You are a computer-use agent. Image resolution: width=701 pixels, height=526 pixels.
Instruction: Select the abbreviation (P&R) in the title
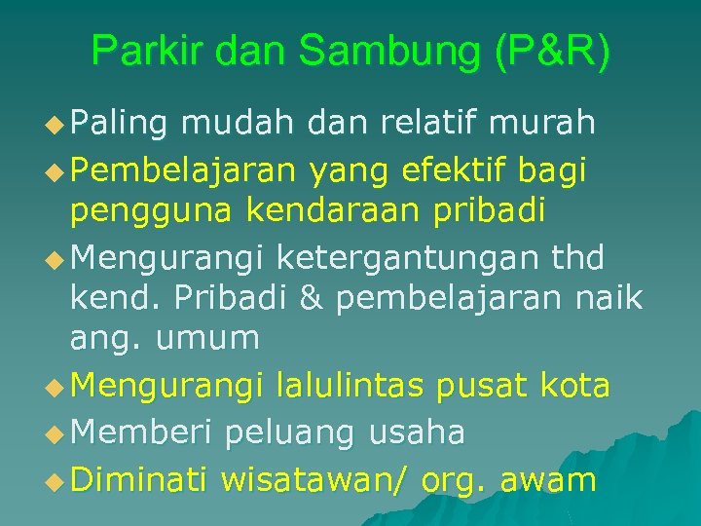tap(553, 51)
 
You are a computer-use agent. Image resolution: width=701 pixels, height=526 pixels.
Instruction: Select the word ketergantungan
tap(400, 258)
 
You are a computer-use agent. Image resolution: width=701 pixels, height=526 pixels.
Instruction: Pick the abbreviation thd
tap(577, 258)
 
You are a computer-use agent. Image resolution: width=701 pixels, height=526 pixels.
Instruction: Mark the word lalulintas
tap(350, 387)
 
